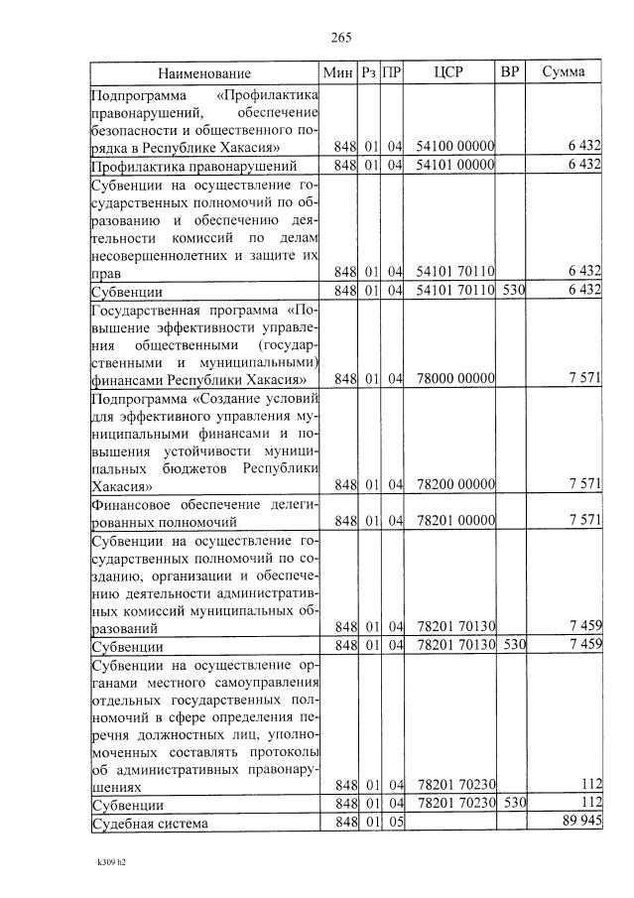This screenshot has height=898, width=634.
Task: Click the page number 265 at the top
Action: [341, 38]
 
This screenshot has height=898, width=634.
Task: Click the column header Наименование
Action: [203, 72]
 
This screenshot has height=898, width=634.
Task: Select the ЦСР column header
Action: [448, 72]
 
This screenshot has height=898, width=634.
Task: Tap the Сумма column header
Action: [564, 72]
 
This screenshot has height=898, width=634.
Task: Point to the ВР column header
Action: [509, 72]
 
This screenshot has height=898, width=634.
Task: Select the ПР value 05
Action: [394, 823]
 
